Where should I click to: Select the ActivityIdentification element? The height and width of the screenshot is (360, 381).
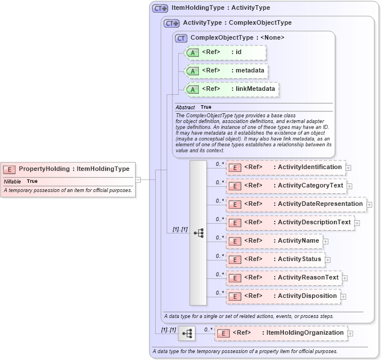(285, 167)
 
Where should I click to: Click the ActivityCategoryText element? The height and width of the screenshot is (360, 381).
(286, 186)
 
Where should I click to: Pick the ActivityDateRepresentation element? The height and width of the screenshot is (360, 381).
(295, 204)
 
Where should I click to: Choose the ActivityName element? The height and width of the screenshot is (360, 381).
(274, 241)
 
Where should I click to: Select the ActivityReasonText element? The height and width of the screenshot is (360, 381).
(283, 278)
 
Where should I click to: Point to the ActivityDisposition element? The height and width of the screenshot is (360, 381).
(283, 296)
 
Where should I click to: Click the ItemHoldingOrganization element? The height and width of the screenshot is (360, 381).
(280, 333)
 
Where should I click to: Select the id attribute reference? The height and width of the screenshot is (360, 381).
(225, 52)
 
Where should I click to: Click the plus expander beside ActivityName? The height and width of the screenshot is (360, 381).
(326, 242)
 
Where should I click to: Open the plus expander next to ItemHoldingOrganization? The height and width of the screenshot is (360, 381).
(350, 334)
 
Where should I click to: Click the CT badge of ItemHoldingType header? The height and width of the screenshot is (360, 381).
(160, 9)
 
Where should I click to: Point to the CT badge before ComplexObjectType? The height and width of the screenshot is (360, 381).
(182, 38)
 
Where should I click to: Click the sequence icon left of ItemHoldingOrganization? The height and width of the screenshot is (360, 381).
(187, 334)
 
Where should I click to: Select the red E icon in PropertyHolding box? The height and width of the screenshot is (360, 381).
(9, 169)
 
